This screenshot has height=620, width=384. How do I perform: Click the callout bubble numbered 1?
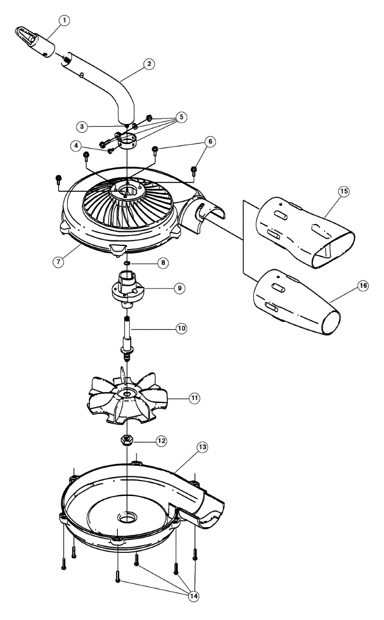[64, 21]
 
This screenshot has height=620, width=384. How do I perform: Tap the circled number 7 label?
[58, 261]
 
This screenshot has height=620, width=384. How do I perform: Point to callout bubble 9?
[179, 288]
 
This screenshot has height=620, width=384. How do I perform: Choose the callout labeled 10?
[181, 328]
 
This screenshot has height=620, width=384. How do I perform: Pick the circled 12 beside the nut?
[162, 441]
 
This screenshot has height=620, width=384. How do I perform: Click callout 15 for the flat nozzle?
[344, 191]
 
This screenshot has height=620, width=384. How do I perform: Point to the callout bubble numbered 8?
[163, 263]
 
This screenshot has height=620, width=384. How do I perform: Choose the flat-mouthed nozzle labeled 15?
[305, 233]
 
